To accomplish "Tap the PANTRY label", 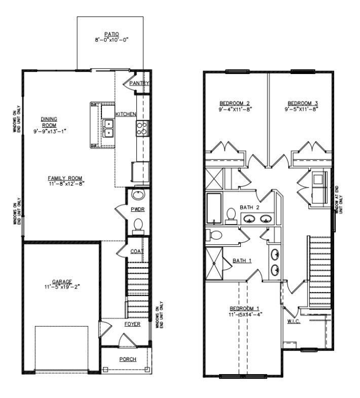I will pyautogui.click(x=138, y=83).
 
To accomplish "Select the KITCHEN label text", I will pyautogui.click(x=125, y=115).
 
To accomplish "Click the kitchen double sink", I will pyautogui.click(x=108, y=128).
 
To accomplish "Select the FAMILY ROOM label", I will pyautogui.click(x=65, y=178).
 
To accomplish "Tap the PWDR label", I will pyautogui.click(x=138, y=208).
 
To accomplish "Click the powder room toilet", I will pyautogui.click(x=137, y=225).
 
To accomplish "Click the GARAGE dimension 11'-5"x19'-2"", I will pyautogui.click(x=61, y=287).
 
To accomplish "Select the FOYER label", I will pyautogui.click(x=132, y=323).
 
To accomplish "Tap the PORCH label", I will pyautogui.click(x=127, y=359).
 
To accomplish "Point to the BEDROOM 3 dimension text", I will pyautogui.click(x=301, y=108).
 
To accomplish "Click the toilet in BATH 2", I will pyautogui.click(x=231, y=215).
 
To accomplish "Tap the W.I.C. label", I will pyautogui.click(x=294, y=321).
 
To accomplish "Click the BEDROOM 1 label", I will pyautogui.click(x=244, y=308).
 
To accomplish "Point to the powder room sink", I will pyautogui.click(x=137, y=194).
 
